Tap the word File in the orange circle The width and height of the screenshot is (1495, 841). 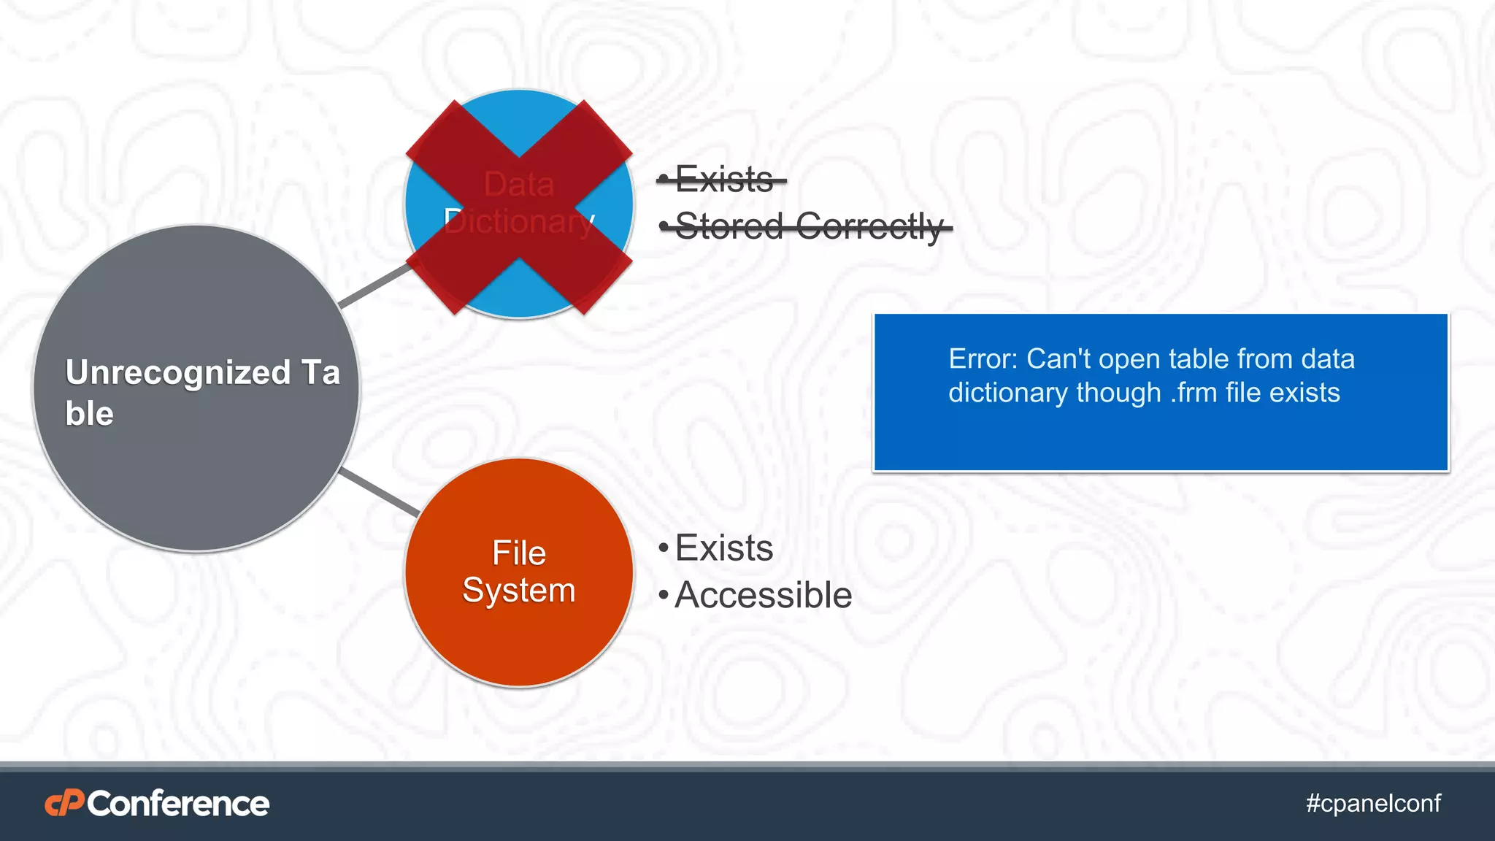pyautogui.click(x=518, y=553)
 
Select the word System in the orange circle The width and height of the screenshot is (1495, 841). pyautogui.click(x=518, y=590)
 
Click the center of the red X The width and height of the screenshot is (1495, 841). pyautogui.click(x=519, y=207)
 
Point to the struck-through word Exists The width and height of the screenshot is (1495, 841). pyautogui.click(x=724, y=180)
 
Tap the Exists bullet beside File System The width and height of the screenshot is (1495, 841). pyautogui.click(x=723, y=548)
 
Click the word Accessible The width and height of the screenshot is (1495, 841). pyautogui.click(x=763, y=595)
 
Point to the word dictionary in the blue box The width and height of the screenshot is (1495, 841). pyautogui.click(x=1008, y=393)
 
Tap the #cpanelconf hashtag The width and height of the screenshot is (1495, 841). pyautogui.click(x=1373, y=803)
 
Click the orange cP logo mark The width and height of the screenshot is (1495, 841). pyautogui.click(x=64, y=804)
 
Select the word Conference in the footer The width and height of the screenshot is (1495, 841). pyautogui.click(x=178, y=804)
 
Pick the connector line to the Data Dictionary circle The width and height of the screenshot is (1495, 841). pyautogui.click(x=374, y=285)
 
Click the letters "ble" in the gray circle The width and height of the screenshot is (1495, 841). pyautogui.click(x=89, y=414)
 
